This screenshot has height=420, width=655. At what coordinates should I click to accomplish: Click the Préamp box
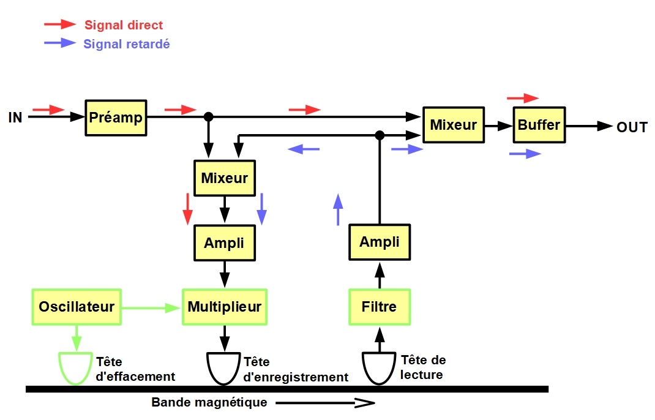pyautogui.click(x=116, y=118)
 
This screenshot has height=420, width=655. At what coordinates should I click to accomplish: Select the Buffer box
pyautogui.click(x=539, y=125)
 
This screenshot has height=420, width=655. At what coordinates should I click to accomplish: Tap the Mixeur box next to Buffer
pyautogui.click(x=454, y=125)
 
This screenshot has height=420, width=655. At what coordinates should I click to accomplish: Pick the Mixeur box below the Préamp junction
pyautogui.click(x=225, y=178)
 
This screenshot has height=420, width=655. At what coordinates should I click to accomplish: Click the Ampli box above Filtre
pyautogui.click(x=380, y=242)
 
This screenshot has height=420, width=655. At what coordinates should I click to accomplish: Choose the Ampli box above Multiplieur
pyautogui.click(x=225, y=243)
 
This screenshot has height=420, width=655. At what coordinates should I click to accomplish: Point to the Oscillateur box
pyautogui.click(x=77, y=307)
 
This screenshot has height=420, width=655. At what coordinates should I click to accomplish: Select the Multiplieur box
pyautogui.click(x=225, y=307)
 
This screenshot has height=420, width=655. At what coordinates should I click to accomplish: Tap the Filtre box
pyautogui.click(x=380, y=307)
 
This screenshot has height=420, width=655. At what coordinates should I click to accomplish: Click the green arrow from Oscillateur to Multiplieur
pyautogui.click(x=151, y=308)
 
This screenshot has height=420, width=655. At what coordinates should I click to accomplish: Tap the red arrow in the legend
pyautogui.click(x=60, y=24)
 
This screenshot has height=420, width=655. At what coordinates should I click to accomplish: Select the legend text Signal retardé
pyautogui.click(x=127, y=44)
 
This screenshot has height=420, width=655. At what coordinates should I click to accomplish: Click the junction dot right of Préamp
pyautogui.click(x=209, y=116)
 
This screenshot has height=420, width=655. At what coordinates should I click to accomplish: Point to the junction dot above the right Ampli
pyautogui.click(x=380, y=135)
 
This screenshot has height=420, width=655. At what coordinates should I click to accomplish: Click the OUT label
pyautogui.click(x=632, y=127)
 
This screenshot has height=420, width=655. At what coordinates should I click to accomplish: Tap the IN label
pyautogui.click(x=15, y=118)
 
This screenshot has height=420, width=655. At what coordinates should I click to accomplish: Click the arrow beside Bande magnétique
pyautogui.click(x=325, y=403)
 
